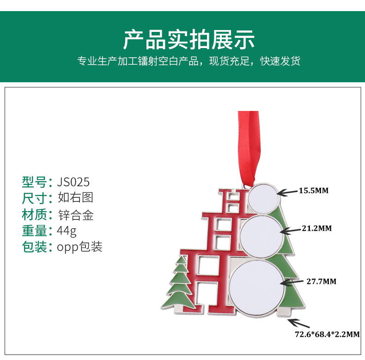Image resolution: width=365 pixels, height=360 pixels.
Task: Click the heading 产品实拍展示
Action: pyautogui.click(x=189, y=40)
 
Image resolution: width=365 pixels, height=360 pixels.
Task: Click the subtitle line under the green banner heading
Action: pyautogui.click(x=189, y=61)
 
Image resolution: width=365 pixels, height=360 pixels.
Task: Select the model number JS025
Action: pyautogui.click(x=73, y=180)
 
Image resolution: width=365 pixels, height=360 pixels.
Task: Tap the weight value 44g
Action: pyautogui.click(x=67, y=230)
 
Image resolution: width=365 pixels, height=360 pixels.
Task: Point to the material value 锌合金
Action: pyautogui.click(x=76, y=214)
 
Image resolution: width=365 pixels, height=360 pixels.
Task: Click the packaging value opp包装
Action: pyautogui.click(x=79, y=247)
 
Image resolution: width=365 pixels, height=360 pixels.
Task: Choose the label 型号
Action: pyautogui.click(x=35, y=180)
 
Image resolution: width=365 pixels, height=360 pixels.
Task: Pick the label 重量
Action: pyautogui.click(x=35, y=230)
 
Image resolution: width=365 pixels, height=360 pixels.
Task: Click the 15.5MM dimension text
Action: pyautogui.click(x=313, y=190)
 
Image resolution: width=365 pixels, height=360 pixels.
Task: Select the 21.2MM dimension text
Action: pyautogui.click(x=316, y=228)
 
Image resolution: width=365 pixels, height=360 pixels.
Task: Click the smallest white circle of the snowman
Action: pyautogui.click(x=262, y=197)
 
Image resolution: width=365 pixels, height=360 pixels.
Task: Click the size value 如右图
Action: pyautogui.click(x=75, y=197)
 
